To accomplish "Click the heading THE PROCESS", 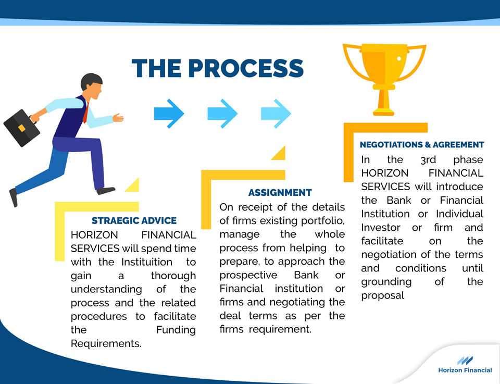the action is [x=218, y=68].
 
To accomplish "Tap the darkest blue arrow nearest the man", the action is [x=169, y=114].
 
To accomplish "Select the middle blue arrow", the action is [x=222, y=114].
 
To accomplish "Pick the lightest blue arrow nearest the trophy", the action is [x=276, y=114].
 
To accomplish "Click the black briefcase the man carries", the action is [x=21, y=128].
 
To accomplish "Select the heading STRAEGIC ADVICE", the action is [x=134, y=221].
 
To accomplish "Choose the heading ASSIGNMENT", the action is [x=280, y=193].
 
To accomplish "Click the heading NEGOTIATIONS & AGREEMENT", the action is [x=422, y=145].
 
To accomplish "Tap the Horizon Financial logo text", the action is [x=465, y=370].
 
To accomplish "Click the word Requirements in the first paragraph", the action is [x=106, y=343].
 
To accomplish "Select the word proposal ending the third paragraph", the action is [x=383, y=295].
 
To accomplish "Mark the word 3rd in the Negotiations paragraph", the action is [x=428, y=159].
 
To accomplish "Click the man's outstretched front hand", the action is [x=118, y=118].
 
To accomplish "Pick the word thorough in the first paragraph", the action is [x=173, y=276].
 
